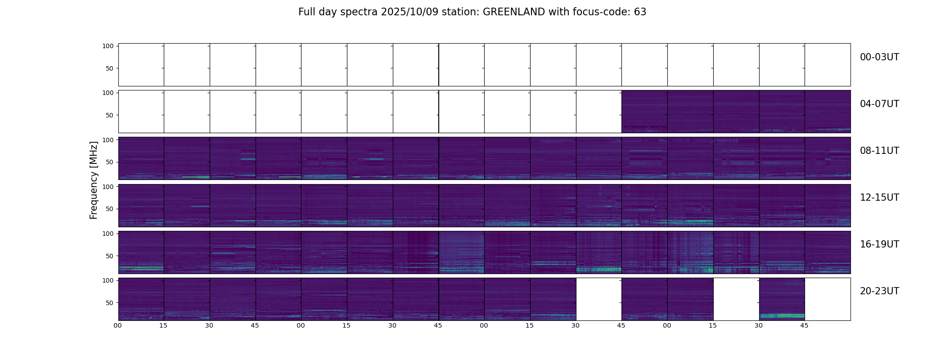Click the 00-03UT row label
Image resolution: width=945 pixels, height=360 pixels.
(x=879, y=57)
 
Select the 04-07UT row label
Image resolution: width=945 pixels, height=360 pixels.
(x=879, y=104)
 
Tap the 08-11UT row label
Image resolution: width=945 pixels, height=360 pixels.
(x=879, y=151)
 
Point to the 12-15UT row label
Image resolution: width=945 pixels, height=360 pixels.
(x=879, y=198)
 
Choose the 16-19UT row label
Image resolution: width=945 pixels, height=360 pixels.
(x=879, y=244)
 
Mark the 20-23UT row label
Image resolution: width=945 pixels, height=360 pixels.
(x=879, y=291)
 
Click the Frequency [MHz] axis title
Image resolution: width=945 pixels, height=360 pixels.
(x=94, y=180)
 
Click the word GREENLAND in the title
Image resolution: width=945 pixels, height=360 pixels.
(x=513, y=12)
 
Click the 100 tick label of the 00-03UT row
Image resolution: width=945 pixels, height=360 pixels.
(x=108, y=46)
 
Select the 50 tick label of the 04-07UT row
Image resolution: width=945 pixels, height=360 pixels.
(x=110, y=115)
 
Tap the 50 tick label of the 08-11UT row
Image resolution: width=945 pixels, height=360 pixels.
(x=110, y=162)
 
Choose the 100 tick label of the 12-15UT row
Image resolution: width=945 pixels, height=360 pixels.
(x=108, y=186)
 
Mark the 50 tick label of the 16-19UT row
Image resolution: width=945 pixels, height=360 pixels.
(x=110, y=256)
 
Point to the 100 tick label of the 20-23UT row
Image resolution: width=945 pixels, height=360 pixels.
(x=108, y=280)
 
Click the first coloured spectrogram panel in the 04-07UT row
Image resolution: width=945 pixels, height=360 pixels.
(x=644, y=111)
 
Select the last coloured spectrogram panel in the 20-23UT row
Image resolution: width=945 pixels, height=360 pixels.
(x=782, y=299)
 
